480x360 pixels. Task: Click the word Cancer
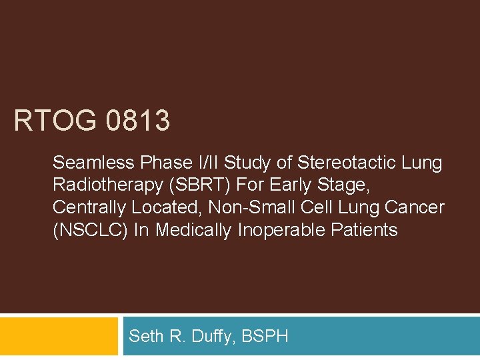415,208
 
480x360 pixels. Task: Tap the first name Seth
144,336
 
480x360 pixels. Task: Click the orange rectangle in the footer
59,336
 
